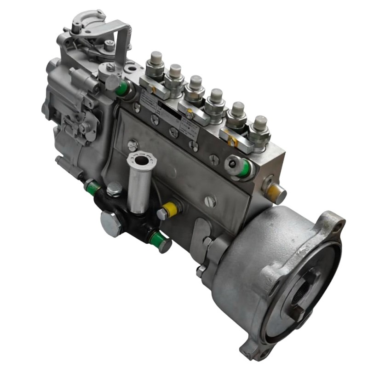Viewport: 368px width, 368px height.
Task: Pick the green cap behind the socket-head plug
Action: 246,168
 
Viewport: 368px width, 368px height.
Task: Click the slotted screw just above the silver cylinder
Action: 133,145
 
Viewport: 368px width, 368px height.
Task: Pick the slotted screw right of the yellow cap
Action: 209,201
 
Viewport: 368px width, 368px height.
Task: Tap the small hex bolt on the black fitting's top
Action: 114,188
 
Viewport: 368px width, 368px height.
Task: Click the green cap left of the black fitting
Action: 92,187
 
